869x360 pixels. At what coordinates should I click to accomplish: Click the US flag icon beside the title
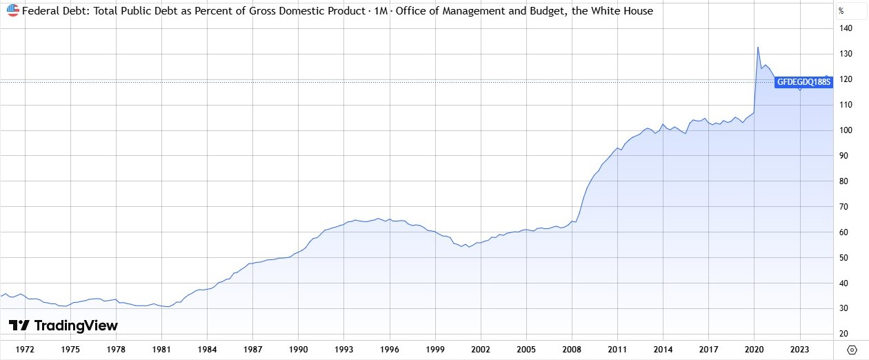13,11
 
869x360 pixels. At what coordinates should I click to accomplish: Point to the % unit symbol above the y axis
841,11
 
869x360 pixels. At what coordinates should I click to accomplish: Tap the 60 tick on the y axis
843,232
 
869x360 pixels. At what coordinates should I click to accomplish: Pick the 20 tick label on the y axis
843,334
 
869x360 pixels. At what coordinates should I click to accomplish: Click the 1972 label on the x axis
26,350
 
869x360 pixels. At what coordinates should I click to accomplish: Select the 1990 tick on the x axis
298,350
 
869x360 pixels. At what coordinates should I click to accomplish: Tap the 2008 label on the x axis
571,350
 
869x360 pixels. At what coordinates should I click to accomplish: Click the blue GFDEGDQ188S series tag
804,81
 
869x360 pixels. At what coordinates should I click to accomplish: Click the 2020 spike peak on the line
757,48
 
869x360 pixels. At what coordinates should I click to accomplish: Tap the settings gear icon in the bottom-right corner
851,350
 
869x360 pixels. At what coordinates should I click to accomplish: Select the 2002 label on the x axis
480,350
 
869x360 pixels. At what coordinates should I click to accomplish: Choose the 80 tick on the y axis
843,181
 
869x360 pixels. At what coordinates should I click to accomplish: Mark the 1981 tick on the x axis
161,350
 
